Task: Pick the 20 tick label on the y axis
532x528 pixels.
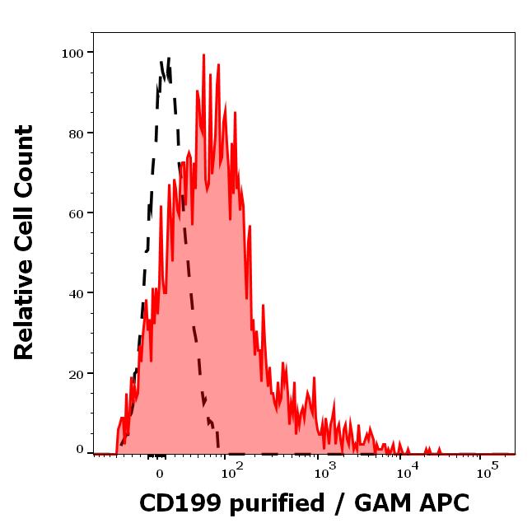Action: (75, 373)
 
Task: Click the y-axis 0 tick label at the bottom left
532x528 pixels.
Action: (80, 450)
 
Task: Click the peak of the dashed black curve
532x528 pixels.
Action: (168, 58)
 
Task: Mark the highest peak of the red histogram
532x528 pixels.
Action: (203, 56)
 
